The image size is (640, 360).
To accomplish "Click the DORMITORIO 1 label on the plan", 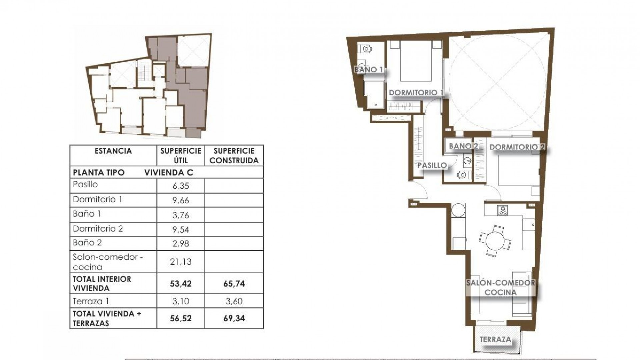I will pyautogui.click(x=416, y=93).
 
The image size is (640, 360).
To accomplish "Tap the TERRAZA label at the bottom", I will pyautogui.click(x=495, y=340).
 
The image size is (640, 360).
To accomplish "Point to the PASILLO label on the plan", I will pyautogui.click(x=432, y=165).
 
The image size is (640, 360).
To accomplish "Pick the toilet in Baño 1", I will pyautogui.click(x=366, y=49).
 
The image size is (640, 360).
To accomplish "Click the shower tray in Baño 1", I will pyautogui.click(x=374, y=94).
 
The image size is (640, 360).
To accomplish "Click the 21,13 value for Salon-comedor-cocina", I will pyautogui.click(x=181, y=262).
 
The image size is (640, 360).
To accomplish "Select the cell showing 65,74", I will pyautogui.click(x=234, y=284).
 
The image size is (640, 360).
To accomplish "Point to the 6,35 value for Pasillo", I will pyautogui.click(x=181, y=186).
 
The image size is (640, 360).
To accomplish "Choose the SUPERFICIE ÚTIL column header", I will pyautogui.click(x=181, y=155).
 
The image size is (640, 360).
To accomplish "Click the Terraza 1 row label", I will pyautogui.click(x=91, y=301).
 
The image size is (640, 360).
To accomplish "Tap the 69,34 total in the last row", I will pyautogui.click(x=234, y=318).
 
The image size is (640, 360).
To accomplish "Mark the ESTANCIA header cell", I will pyautogui.click(x=113, y=151).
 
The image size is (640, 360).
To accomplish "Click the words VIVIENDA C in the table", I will pyautogui.click(x=168, y=172).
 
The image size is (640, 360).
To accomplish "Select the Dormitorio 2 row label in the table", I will pyautogui.click(x=98, y=229).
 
